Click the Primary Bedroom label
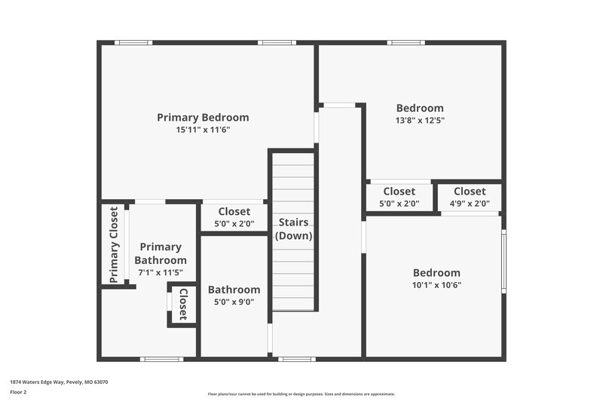coord(203,118)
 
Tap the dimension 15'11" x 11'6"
coord(203,130)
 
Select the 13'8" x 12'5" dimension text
coord(420,120)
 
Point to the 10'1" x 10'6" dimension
coord(436,285)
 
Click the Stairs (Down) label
coord(293,229)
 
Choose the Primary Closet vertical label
coord(114,245)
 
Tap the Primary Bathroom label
coord(161,253)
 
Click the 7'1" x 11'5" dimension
coord(161,272)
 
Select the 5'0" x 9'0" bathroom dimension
coord(234,302)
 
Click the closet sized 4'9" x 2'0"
coord(470,197)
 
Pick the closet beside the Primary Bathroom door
coord(234,217)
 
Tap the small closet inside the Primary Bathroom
coord(182,305)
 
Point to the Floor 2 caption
coord(18,393)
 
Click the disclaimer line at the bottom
coord(301,394)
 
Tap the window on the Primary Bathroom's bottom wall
coord(162,359)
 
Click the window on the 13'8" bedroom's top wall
coord(406,42)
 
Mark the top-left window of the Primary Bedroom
coord(133,42)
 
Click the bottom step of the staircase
coord(293,303)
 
